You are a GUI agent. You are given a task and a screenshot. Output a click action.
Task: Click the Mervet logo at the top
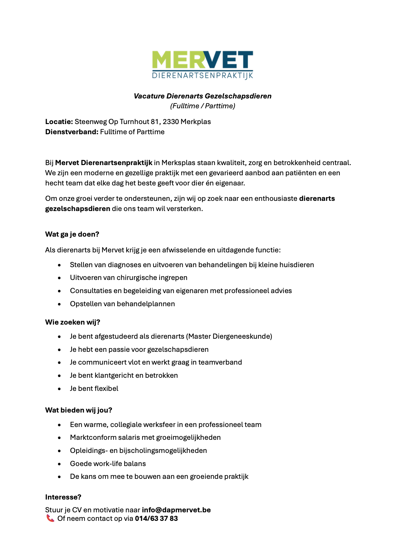click(x=202, y=65)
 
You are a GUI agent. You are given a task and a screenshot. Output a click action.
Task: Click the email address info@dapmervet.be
click(x=176, y=510)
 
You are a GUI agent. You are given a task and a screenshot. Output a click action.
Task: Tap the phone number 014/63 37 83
click(x=156, y=519)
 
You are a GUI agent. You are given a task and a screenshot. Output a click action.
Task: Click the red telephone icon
click(x=50, y=518)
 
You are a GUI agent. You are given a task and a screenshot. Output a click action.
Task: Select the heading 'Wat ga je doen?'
click(x=72, y=234)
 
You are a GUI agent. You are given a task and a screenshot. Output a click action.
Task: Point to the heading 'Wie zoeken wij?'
click(x=73, y=322)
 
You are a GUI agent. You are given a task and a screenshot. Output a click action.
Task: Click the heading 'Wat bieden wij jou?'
click(x=79, y=410)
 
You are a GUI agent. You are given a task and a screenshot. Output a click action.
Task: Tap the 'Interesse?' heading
click(x=63, y=497)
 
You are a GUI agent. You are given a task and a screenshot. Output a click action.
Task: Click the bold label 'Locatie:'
click(x=59, y=122)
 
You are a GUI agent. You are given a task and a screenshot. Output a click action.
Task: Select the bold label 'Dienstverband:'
click(x=72, y=132)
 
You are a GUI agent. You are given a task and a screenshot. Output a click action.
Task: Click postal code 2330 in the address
click(x=171, y=122)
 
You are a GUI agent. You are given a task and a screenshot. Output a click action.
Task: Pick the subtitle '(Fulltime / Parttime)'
click(x=203, y=106)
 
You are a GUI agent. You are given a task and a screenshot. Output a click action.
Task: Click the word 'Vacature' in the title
click(x=149, y=96)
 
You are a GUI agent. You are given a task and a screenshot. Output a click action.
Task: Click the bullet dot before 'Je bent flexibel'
click(x=59, y=389)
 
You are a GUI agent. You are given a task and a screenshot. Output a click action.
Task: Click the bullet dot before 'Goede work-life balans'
click(x=59, y=464)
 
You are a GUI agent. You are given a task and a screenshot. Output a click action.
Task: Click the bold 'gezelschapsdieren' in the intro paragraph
click(x=78, y=209)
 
